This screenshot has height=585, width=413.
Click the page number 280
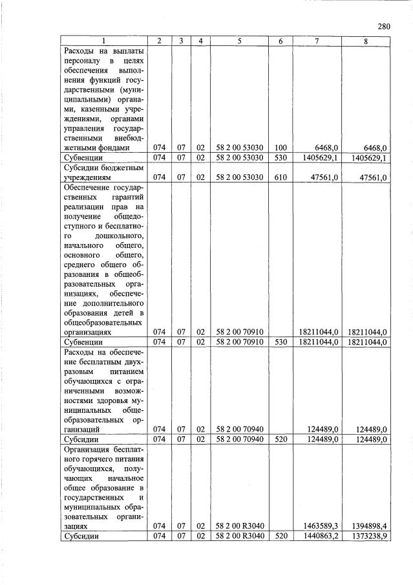384,27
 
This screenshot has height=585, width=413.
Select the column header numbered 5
239,41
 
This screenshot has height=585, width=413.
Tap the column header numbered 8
366,41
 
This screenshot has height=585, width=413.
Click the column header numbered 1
103,41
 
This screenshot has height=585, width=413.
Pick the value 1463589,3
317,527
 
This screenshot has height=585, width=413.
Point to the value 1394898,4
366,527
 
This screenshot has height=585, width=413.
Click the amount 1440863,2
317,537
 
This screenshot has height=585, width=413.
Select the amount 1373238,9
366,537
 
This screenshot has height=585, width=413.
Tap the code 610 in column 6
280,177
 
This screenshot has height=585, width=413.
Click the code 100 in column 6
280,148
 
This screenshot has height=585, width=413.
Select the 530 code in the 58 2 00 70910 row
280,341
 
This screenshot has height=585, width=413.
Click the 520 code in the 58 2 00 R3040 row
280,537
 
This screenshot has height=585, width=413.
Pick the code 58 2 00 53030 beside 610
239,177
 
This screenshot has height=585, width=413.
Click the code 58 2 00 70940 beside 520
239,439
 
